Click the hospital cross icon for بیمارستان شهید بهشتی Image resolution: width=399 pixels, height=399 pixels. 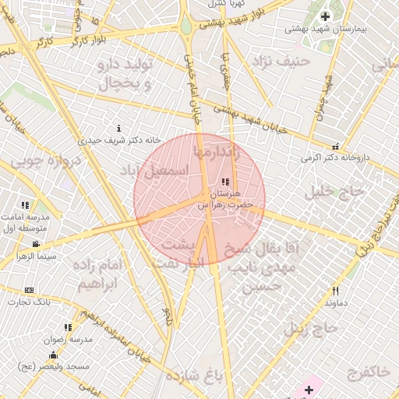click(x=325, y=17)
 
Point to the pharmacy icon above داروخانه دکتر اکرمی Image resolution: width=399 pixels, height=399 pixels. click(x=336, y=146)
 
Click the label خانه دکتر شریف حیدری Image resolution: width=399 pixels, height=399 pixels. click(x=119, y=139)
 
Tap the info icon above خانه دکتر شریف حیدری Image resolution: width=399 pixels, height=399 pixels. click(x=118, y=128)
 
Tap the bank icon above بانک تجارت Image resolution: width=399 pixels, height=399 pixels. click(x=30, y=290)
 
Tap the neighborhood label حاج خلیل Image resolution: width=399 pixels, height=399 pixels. click(x=337, y=190)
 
